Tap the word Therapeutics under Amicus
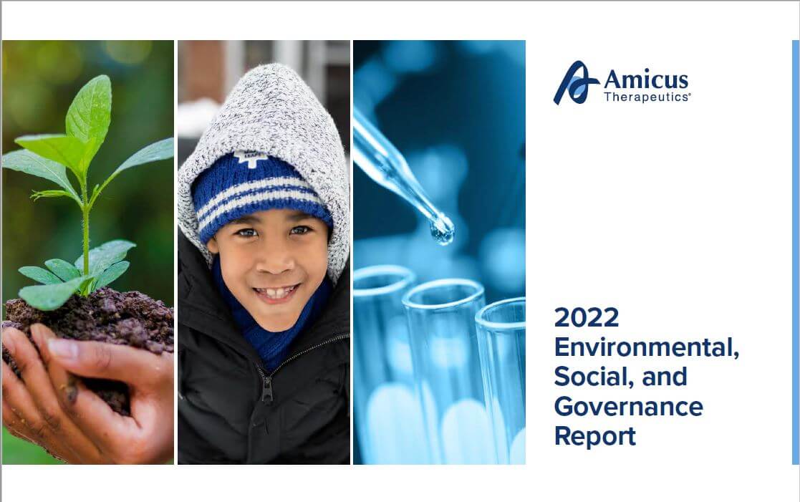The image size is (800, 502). (x=647, y=97)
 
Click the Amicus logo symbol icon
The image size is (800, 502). (x=576, y=82)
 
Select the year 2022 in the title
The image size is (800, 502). (x=587, y=317)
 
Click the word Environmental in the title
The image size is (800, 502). (x=647, y=347)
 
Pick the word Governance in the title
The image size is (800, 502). (x=629, y=407)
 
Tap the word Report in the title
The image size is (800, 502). (x=595, y=436)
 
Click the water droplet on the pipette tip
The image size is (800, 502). (x=442, y=230)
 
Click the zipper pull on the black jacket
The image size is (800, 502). (x=266, y=391)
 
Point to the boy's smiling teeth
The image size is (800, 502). (x=276, y=293)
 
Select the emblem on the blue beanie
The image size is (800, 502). (x=250, y=158)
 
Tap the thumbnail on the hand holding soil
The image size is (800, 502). (x=63, y=349)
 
